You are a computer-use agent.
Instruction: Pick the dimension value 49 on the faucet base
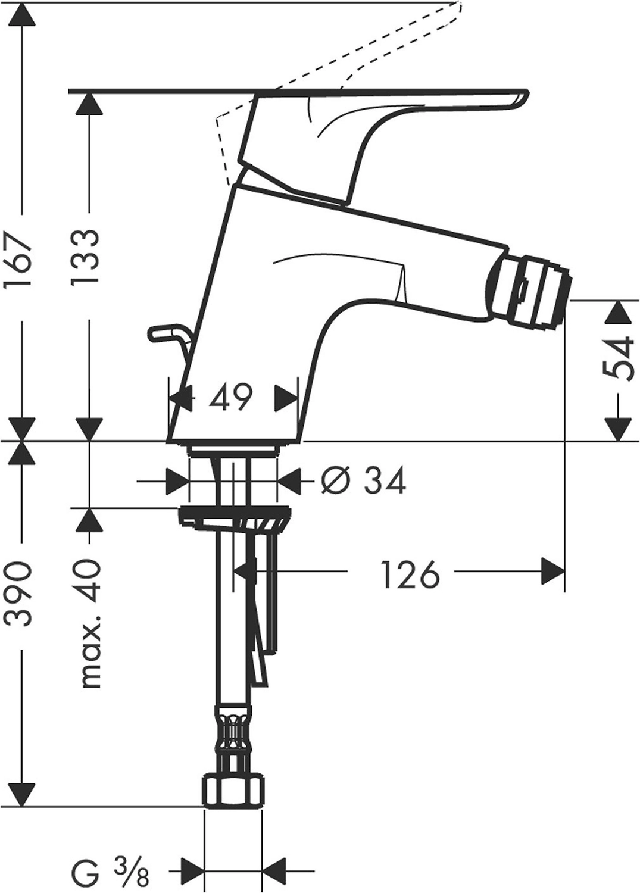[x=231, y=398]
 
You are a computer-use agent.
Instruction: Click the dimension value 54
[x=617, y=358]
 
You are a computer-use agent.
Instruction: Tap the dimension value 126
[x=411, y=574]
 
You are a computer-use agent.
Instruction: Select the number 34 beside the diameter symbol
[x=385, y=480]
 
